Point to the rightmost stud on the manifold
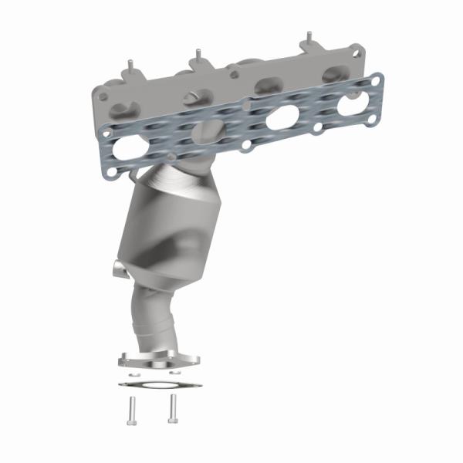point(308,37)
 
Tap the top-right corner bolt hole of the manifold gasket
point(376,80)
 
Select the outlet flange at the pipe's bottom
point(158,360)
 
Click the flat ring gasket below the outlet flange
point(159,384)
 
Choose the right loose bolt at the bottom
point(172,407)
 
